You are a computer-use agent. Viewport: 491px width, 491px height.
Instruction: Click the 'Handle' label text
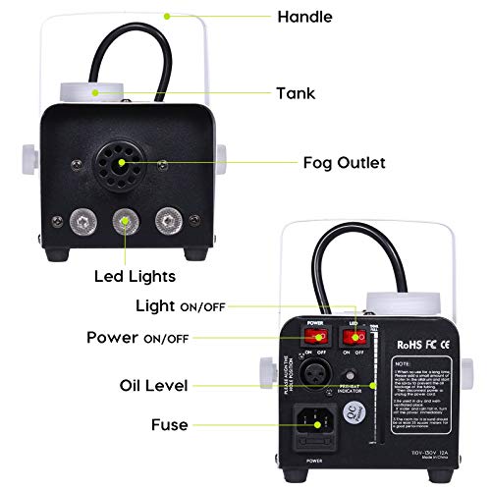305,17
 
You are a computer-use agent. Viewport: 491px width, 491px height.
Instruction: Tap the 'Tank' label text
296,93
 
